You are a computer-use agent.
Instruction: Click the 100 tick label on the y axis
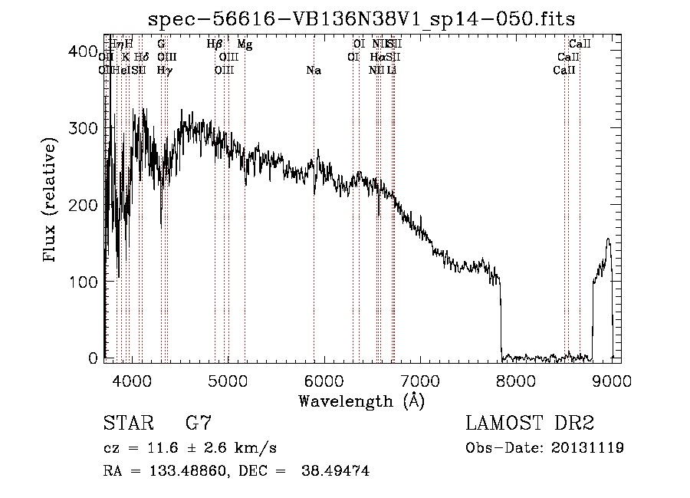tap(86, 282)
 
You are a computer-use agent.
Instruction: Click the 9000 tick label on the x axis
tap(612, 378)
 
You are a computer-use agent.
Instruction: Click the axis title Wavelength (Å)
tap(361, 401)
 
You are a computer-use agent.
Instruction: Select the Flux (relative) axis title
tap(51, 201)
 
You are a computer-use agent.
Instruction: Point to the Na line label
tap(313, 71)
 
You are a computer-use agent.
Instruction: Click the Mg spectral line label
tap(245, 45)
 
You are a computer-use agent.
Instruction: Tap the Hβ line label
tap(215, 45)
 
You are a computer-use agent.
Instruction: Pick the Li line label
tap(392, 71)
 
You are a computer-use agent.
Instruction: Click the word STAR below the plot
tap(127, 424)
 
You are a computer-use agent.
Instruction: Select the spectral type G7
tap(199, 424)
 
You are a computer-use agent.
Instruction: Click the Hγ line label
tap(164, 71)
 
